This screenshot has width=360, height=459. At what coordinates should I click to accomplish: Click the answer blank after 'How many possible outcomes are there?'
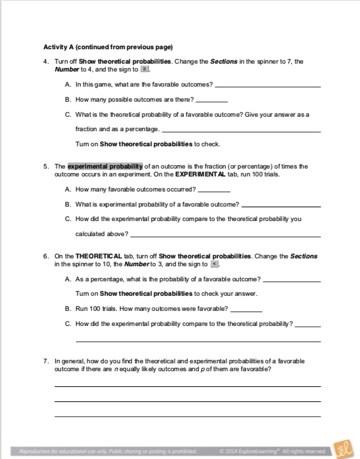pos(212,100)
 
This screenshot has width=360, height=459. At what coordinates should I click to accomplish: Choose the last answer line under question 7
pos(188,416)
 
